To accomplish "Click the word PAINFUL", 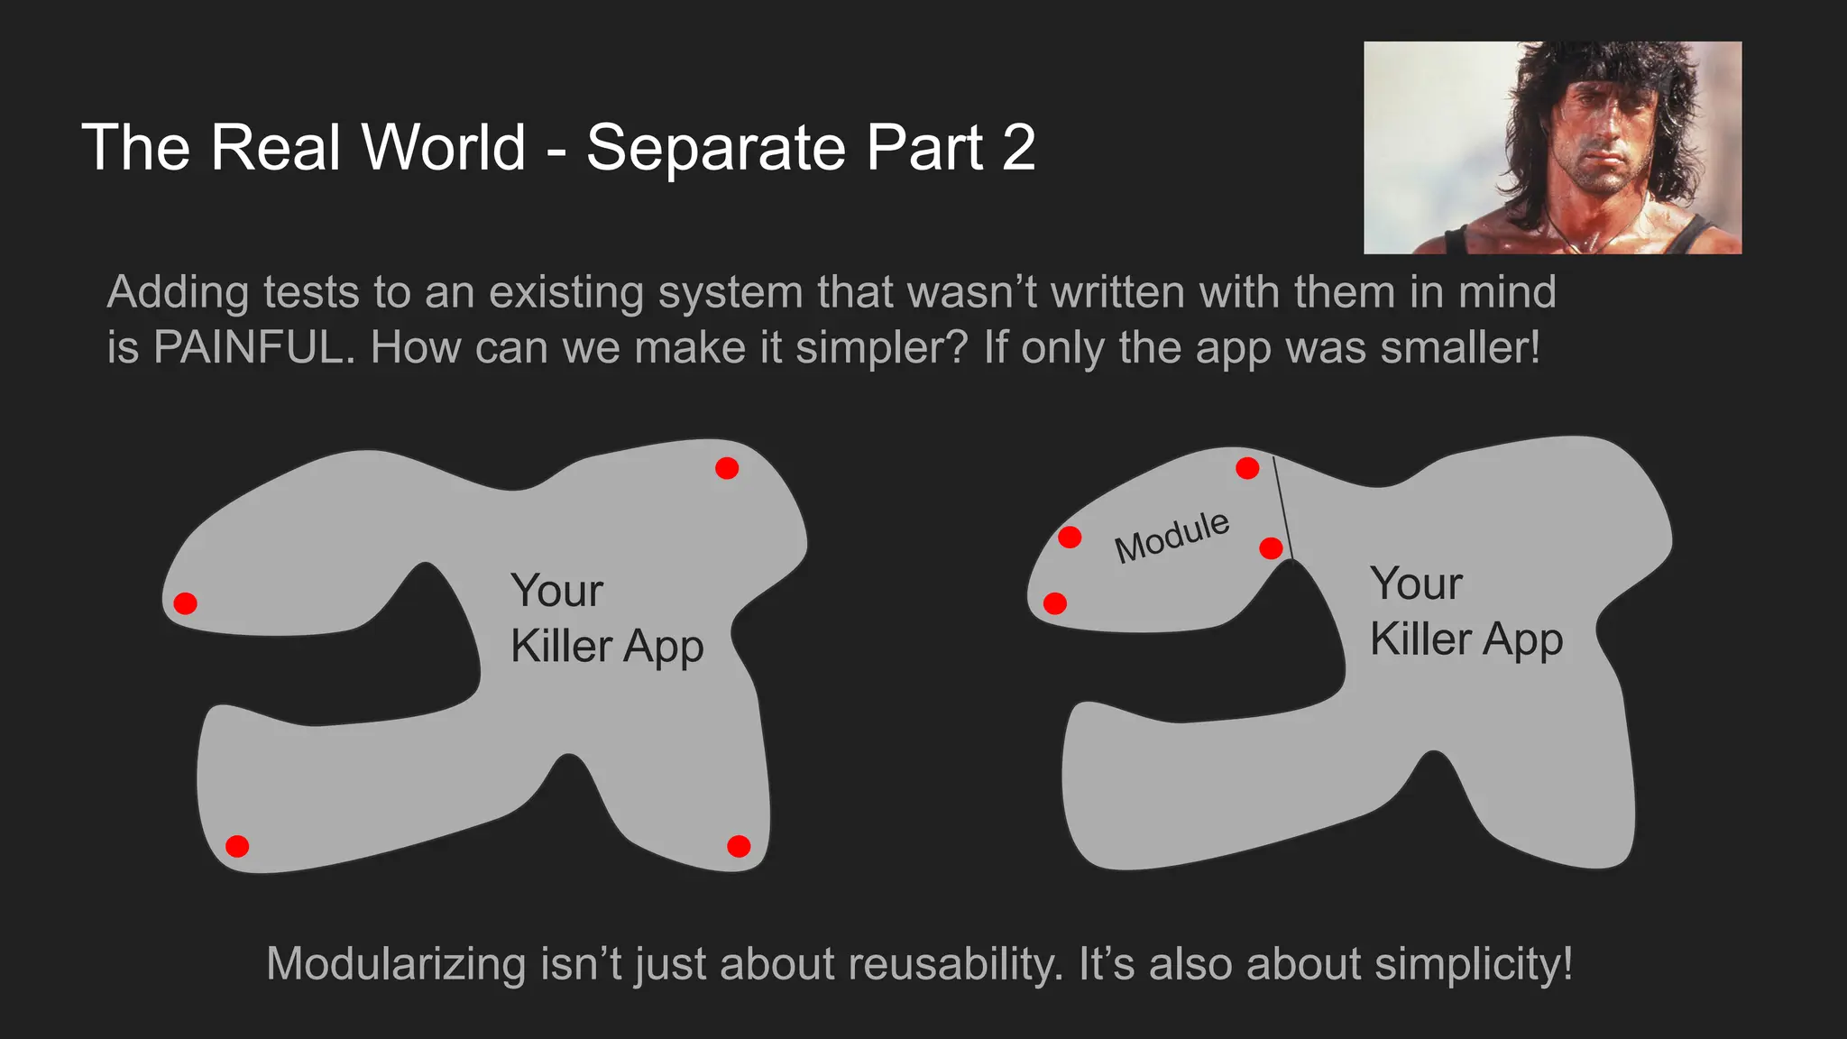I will point(248,348).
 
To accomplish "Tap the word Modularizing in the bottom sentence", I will point(396,964).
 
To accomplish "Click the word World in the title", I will point(443,147).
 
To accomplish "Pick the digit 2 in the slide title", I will point(1018,147).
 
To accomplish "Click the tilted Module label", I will point(1172,537).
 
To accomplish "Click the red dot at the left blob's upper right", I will point(727,468).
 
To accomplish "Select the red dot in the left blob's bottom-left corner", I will point(237,846).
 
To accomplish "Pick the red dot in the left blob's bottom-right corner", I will point(739,846).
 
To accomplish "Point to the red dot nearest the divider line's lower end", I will point(1271,547).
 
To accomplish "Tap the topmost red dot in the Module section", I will point(1247,468).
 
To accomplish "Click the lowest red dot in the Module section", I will point(1054,603).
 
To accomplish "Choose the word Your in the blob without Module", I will point(556,592).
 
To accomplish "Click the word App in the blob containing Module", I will point(1522,640).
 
